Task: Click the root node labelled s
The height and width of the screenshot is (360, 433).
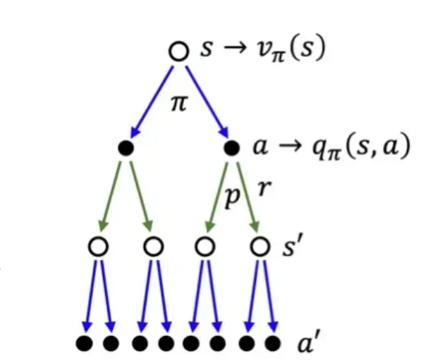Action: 179,51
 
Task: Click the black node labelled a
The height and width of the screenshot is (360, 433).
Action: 231,149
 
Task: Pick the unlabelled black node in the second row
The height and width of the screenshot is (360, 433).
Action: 127,149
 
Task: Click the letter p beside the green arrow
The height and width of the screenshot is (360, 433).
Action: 232,197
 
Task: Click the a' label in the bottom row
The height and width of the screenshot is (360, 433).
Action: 307,345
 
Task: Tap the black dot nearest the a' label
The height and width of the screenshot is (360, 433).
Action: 272,344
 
